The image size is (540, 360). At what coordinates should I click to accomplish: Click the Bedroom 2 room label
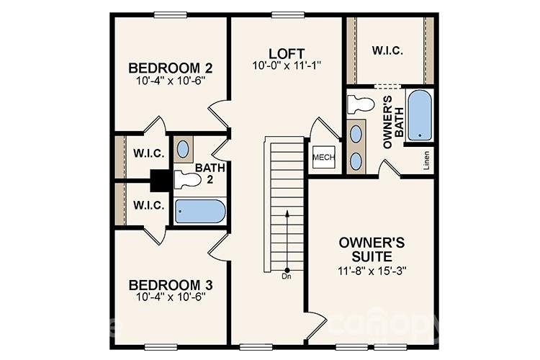coord(170,68)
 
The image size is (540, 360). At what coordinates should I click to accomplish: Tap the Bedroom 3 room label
coord(170,284)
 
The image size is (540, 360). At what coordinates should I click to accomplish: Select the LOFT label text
coord(287,54)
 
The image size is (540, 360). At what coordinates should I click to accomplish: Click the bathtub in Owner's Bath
coord(419,115)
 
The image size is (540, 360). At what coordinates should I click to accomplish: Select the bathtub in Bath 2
coord(200,212)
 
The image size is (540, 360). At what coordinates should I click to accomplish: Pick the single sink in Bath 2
coord(184,150)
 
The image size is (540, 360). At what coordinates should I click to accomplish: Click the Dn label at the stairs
coord(287,275)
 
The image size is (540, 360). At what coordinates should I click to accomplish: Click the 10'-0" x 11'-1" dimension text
coord(287,66)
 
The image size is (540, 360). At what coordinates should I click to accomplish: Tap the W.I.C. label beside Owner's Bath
coord(387,51)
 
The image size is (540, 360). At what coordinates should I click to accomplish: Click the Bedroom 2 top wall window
coord(171,14)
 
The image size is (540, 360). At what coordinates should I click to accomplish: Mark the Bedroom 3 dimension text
coord(170,297)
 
